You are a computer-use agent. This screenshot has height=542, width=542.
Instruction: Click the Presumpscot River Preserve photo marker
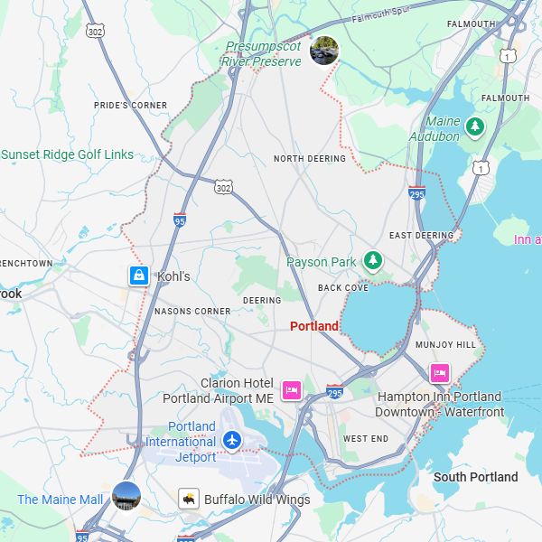click(x=324, y=51)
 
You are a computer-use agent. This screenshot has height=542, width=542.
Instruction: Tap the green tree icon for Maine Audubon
click(x=474, y=126)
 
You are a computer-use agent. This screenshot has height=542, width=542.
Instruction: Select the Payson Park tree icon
click(x=372, y=261)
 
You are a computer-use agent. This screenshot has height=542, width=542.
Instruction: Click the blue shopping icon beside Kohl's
click(x=138, y=276)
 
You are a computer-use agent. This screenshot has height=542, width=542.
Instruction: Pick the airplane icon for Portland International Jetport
click(x=232, y=441)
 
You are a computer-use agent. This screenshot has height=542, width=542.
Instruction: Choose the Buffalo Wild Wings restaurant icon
click(x=189, y=499)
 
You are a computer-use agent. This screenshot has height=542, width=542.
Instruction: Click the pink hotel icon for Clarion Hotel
click(x=291, y=389)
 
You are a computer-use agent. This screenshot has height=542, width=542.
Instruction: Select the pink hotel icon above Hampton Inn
click(x=440, y=373)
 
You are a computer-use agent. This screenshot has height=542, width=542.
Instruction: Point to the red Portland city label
click(x=314, y=326)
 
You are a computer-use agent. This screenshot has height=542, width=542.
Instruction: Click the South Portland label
click(x=476, y=477)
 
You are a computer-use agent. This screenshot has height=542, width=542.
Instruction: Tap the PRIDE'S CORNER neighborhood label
click(x=130, y=106)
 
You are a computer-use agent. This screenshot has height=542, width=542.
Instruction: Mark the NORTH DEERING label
click(x=310, y=159)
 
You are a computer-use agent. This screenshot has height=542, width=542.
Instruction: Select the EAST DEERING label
click(x=421, y=236)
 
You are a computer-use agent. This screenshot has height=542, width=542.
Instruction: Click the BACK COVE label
click(x=343, y=288)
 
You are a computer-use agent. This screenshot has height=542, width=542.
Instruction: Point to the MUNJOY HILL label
click(x=445, y=345)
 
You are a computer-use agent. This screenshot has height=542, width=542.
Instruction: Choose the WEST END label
click(x=366, y=439)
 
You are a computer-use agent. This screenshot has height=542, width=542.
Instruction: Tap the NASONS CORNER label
click(x=192, y=312)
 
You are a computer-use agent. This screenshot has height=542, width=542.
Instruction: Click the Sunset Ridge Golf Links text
click(x=68, y=154)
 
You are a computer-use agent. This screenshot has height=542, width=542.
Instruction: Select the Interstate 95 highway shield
click(x=180, y=219)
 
